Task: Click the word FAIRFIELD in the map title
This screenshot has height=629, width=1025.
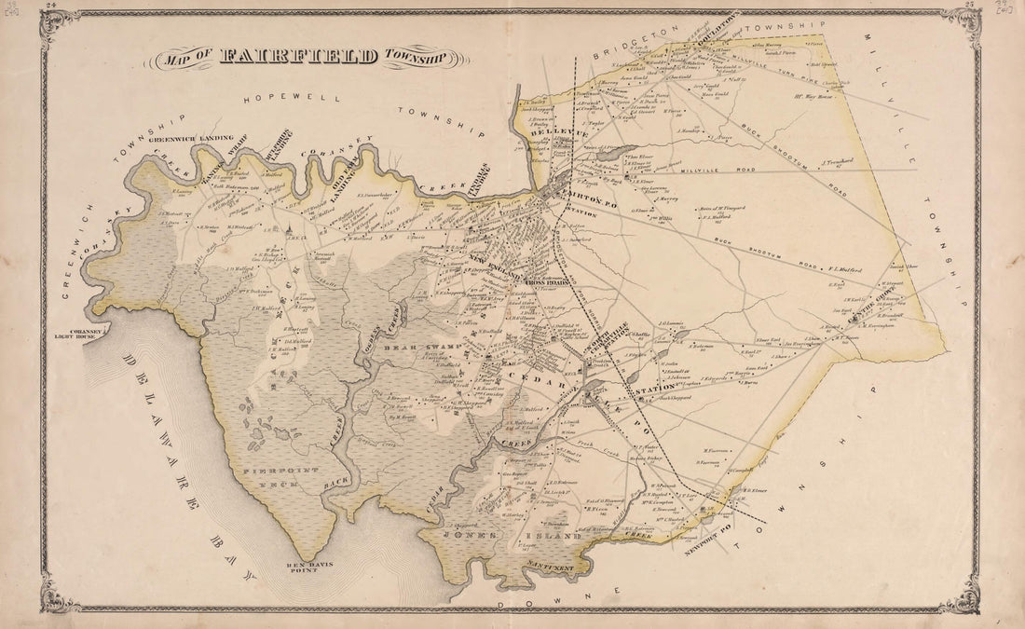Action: coord(299,57)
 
